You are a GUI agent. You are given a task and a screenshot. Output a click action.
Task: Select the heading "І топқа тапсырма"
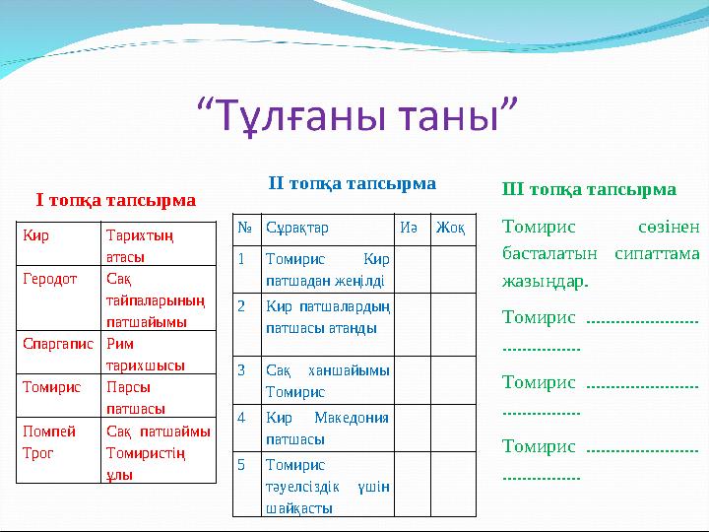(x=115, y=200)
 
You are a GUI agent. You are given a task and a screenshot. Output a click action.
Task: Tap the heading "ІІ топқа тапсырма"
(x=353, y=183)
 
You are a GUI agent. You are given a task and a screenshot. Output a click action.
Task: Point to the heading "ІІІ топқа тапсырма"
(x=589, y=189)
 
